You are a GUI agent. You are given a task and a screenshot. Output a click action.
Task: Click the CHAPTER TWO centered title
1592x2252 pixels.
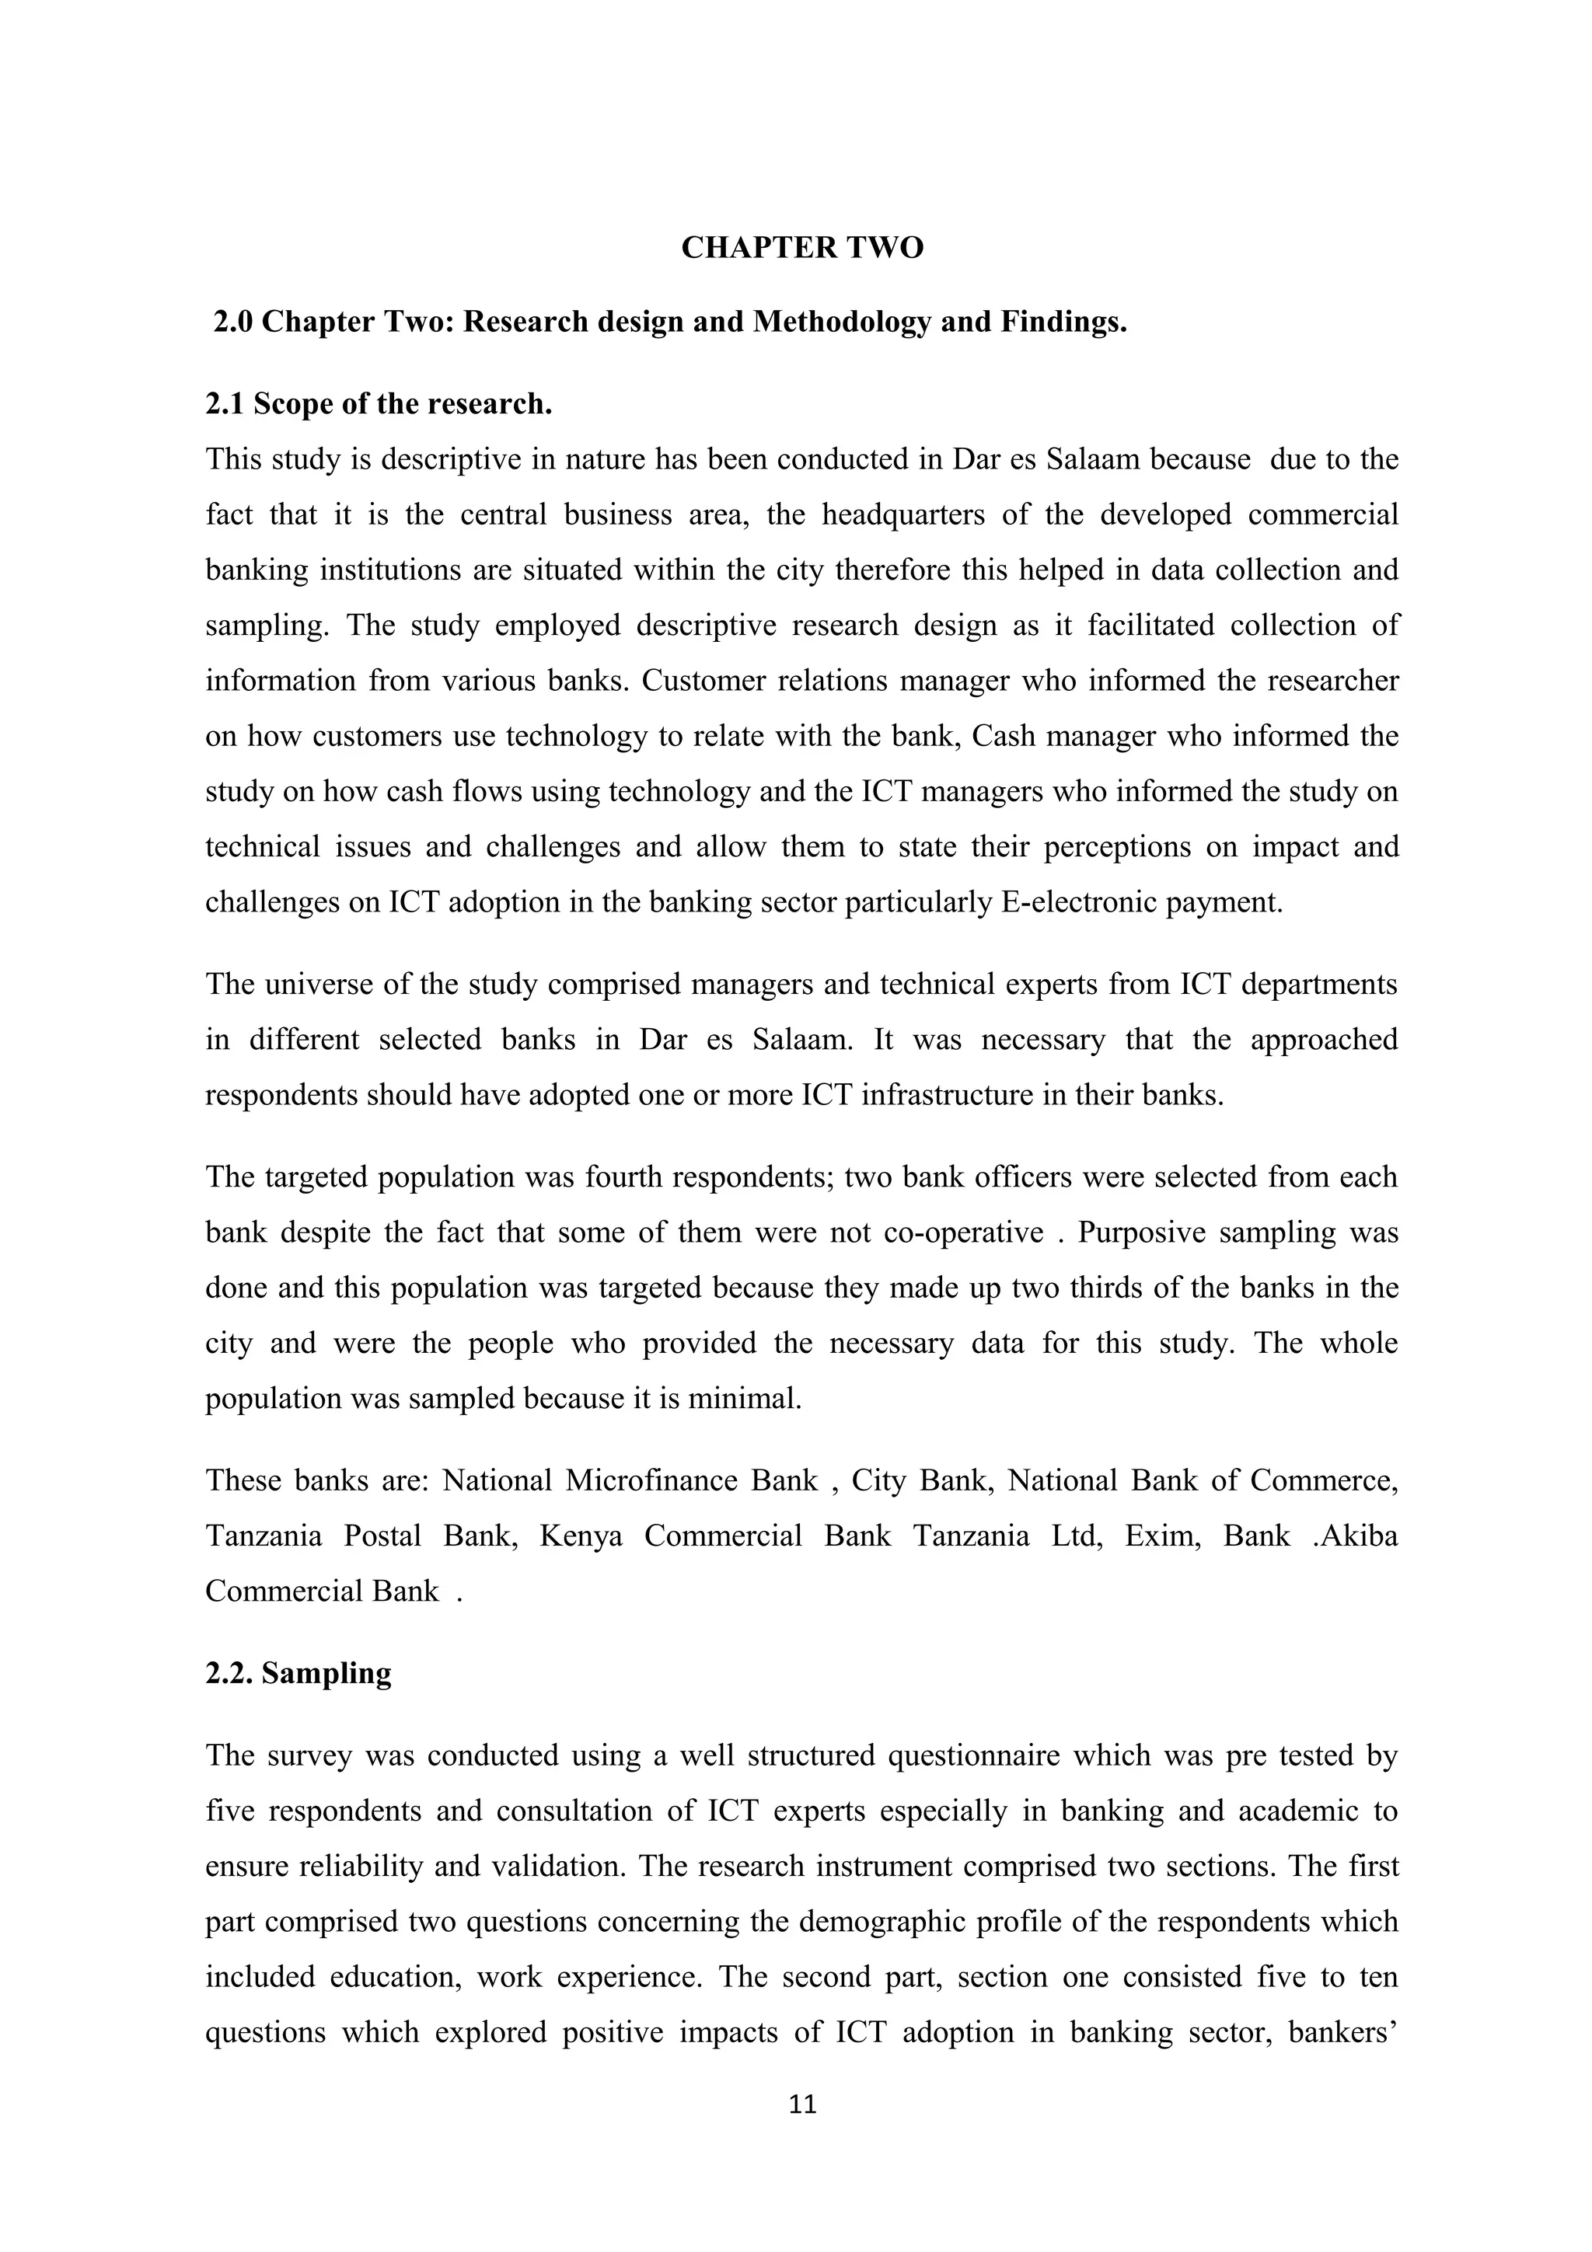[801, 248]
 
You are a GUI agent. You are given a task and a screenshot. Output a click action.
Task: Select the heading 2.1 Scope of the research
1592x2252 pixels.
[379, 404]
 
